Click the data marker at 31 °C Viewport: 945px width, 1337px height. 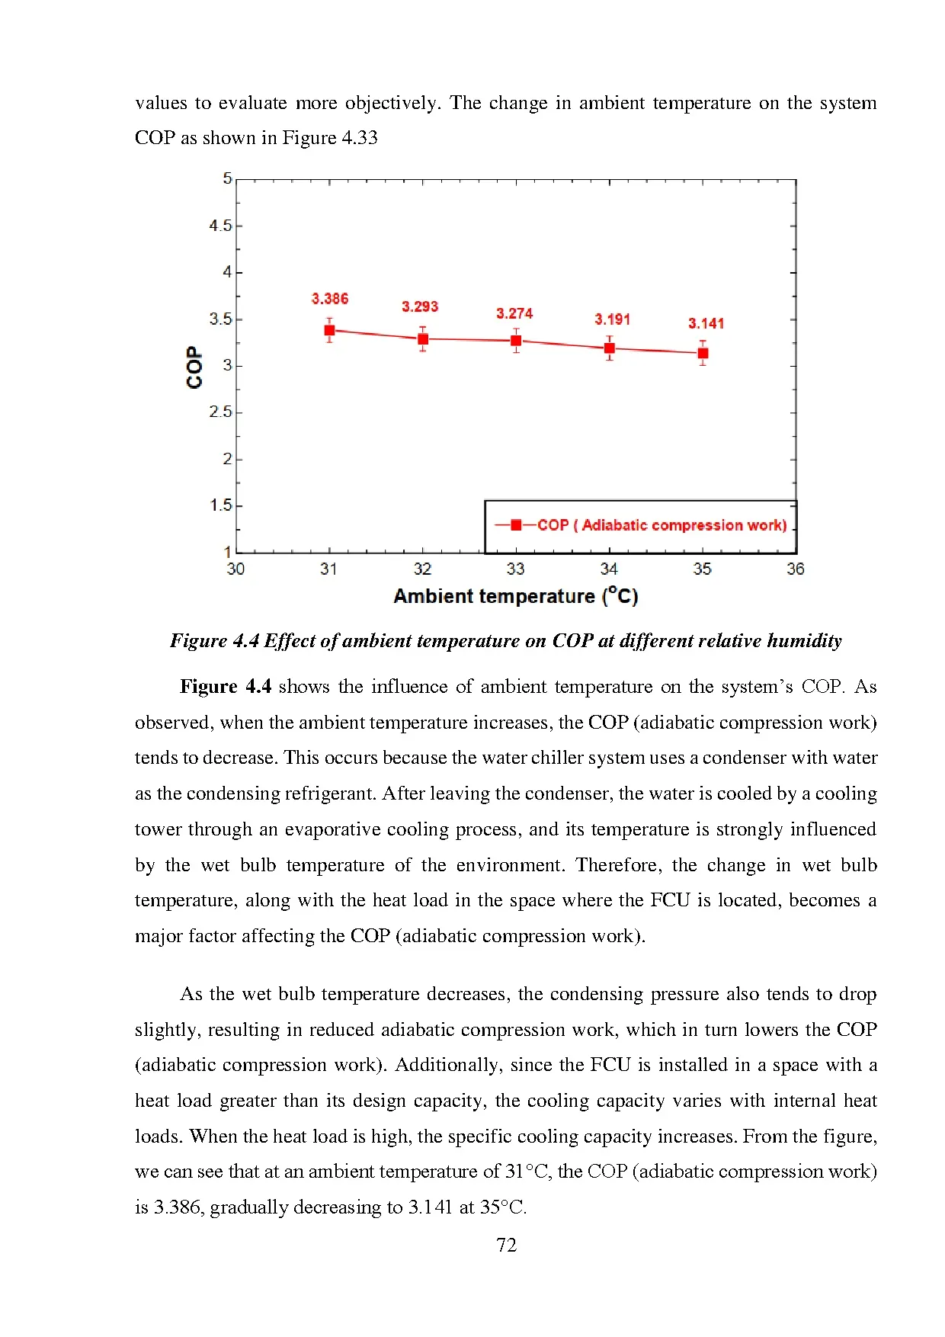click(x=329, y=330)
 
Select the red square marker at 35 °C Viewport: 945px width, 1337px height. click(x=703, y=353)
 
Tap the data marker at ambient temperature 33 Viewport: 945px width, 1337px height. click(x=516, y=341)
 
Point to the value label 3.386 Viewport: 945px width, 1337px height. click(x=329, y=299)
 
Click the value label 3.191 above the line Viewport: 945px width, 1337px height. click(x=612, y=319)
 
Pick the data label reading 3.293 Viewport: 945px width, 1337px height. click(x=420, y=306)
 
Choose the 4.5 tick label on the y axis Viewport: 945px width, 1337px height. click(x=220, y=226)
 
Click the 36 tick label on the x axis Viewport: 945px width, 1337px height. click(x=795, y=569)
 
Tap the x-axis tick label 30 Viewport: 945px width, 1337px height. click(x=235, y=569)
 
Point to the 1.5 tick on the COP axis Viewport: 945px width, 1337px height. click(x=221, y=505)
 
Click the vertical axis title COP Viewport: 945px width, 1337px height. click(x=194, y=367)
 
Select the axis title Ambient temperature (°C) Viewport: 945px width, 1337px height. click(x=515, y=596)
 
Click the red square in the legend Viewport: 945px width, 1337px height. click(x=516, y=524)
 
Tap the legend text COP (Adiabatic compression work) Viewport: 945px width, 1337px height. click(x=661, y=525)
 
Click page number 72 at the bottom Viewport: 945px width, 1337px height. click(x=506, y=1245)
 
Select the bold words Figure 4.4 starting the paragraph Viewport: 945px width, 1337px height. click(x=225, y=687)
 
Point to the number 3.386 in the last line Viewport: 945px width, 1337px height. click(x=178, y=1207)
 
